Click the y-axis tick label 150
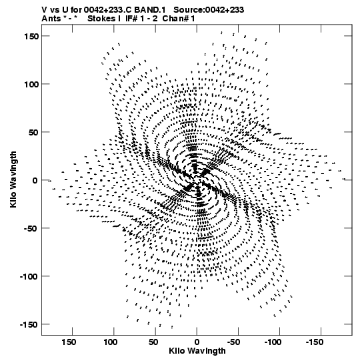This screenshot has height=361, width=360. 31,36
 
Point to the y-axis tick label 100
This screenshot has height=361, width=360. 31,84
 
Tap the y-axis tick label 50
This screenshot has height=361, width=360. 33,132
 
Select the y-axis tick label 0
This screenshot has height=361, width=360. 35,180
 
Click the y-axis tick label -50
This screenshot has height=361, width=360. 31,229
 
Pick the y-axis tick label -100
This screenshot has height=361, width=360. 29,276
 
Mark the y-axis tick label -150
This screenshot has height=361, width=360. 29,325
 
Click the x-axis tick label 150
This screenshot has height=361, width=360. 69,342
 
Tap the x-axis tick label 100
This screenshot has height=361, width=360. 111,342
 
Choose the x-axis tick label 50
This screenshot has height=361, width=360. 153,342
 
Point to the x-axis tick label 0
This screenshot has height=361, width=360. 197,342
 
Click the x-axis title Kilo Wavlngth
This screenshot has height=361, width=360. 197,352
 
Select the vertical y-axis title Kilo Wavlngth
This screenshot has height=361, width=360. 13,179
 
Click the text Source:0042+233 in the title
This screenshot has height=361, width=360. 209,10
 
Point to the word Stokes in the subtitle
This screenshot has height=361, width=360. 101,19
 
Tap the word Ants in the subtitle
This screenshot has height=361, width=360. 51,19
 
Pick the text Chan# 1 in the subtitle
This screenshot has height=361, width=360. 179,19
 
